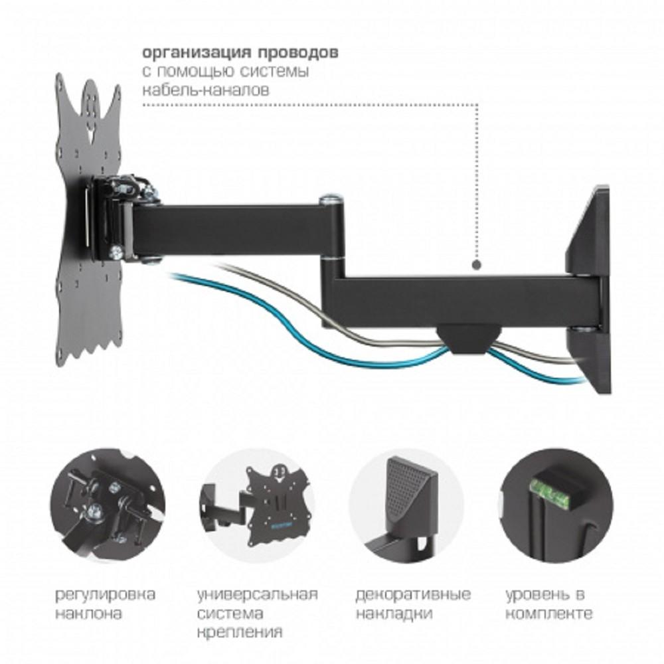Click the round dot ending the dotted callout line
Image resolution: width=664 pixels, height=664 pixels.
click(x=477, y=265)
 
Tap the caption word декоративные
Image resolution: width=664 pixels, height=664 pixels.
click(x=413, y=593)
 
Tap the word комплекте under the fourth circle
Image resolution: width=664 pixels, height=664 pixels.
click(x=548, y=612)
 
